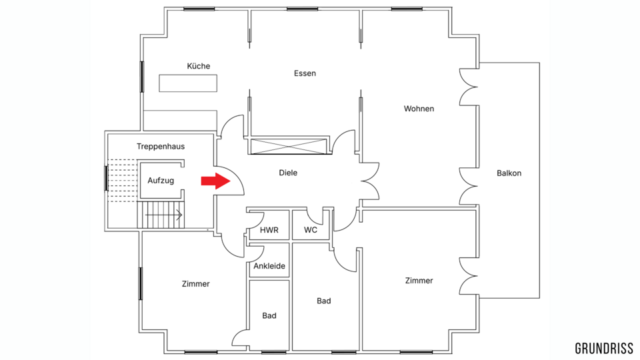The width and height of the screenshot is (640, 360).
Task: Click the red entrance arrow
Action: tap(216, 181)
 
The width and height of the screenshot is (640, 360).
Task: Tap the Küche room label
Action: tap(199, 66)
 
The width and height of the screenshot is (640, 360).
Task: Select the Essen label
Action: tap(305, 73)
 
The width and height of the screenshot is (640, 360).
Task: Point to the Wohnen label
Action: tap(419, 109)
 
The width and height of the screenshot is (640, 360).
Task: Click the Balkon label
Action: tap(509, 173)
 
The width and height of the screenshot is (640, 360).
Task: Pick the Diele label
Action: tap(288, 173)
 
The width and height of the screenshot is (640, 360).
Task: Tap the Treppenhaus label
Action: tap(161, 147)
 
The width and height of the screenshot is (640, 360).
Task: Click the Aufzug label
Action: tap(161, 181)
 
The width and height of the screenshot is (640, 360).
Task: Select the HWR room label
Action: tap(269, 230)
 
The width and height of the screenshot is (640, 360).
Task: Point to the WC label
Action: tap(311, 230)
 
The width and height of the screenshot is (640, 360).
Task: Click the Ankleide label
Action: tap(269, 266)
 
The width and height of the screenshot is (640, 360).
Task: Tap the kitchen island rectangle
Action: tap(188, 83)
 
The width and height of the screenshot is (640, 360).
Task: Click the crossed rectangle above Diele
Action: tap(289, 146)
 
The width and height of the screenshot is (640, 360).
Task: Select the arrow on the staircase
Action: tap(164, 215)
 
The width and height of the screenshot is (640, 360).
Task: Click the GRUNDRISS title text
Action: tap(604, 348)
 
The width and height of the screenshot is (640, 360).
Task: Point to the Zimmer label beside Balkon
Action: tap(419, 281)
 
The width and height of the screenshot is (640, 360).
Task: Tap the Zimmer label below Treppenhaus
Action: tap(195, 284)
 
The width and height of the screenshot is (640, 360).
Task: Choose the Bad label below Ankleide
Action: tap(269, 315)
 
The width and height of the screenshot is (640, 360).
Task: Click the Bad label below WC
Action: tap(324, 301)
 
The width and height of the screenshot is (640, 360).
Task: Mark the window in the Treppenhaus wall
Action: tap(107, 178)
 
